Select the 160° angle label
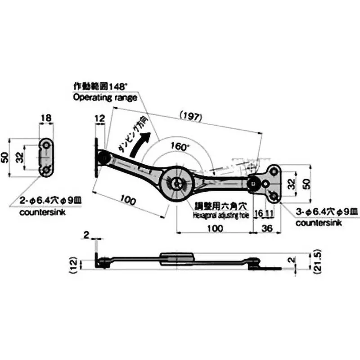(180, 146)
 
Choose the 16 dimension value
(258, 213)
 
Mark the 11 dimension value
(269, 213)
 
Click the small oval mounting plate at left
(46, 157)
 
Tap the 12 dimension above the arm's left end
(99, 118)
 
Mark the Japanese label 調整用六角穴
(221, 207)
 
